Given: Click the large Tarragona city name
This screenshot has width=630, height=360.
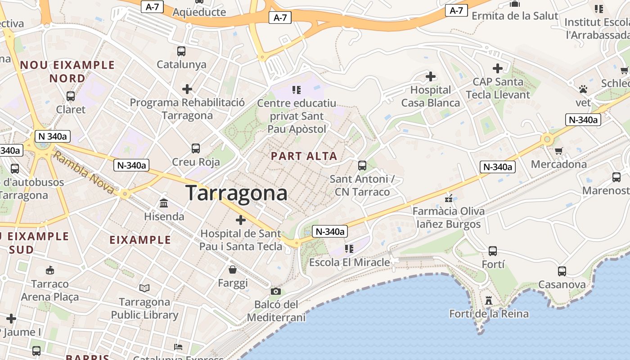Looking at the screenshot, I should click(236, 193).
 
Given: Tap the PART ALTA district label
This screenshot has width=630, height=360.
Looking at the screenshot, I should click(304, 156).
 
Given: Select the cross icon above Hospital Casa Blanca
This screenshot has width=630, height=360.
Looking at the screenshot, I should click(431, 76).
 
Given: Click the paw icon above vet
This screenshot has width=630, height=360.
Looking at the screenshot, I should click(583, 89).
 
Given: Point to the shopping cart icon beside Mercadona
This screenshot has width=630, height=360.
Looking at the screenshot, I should click(558, 151).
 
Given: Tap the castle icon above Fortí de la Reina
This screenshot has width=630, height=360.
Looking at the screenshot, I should click(489, 300).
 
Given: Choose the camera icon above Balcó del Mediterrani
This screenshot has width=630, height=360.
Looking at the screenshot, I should click(276, 292).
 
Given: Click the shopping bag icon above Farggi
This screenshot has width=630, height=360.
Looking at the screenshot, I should click(233, 270).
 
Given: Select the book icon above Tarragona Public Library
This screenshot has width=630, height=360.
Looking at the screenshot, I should click(144, 288).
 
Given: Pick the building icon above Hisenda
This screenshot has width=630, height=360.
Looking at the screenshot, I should click(164, 203).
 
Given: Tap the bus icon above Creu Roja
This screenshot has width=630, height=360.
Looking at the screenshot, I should click(196, 148).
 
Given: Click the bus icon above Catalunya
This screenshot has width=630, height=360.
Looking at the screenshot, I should click(181, 51).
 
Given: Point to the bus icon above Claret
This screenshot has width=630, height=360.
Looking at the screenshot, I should click(71, 96).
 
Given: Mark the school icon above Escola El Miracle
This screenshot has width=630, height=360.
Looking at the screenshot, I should click(349, 248).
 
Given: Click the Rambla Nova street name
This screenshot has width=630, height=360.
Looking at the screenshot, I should click(83, 173).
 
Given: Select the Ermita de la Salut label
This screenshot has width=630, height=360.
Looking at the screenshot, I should click(515, 16).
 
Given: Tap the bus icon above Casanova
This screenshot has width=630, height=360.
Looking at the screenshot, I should click(562, 271).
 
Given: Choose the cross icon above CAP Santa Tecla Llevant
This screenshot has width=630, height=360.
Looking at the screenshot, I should click(497, 68).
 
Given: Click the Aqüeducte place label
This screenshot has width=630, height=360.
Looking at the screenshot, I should click(199, 12).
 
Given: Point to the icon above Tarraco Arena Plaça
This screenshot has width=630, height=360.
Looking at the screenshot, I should click(50, 270).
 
